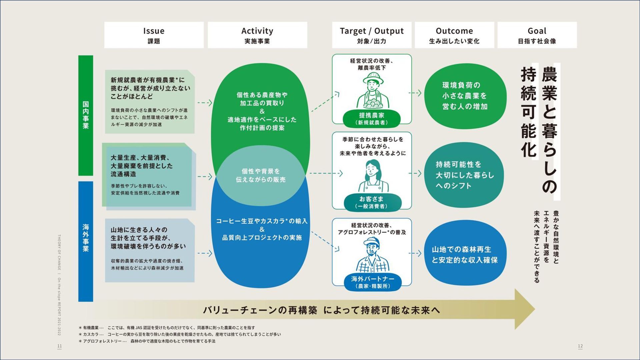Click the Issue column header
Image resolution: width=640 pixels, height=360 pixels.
154,35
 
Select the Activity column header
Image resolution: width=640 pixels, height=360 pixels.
257,35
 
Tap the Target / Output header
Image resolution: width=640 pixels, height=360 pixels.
372,35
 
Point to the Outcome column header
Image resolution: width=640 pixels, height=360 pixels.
454,35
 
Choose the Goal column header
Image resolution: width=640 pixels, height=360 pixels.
537,35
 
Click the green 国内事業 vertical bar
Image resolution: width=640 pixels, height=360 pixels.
86,115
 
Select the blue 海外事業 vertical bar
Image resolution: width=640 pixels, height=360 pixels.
86,241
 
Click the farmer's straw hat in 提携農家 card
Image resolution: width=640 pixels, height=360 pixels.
373,79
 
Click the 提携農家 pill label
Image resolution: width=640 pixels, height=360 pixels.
372,118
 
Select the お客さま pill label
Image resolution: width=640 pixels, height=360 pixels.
372,202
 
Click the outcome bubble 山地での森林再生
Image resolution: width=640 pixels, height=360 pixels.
465,255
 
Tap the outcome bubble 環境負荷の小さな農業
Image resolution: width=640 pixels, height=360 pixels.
465,96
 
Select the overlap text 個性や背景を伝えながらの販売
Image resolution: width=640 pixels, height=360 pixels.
261,175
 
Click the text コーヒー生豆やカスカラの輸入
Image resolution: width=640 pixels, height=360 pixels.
262,221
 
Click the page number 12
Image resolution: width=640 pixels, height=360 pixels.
580,346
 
